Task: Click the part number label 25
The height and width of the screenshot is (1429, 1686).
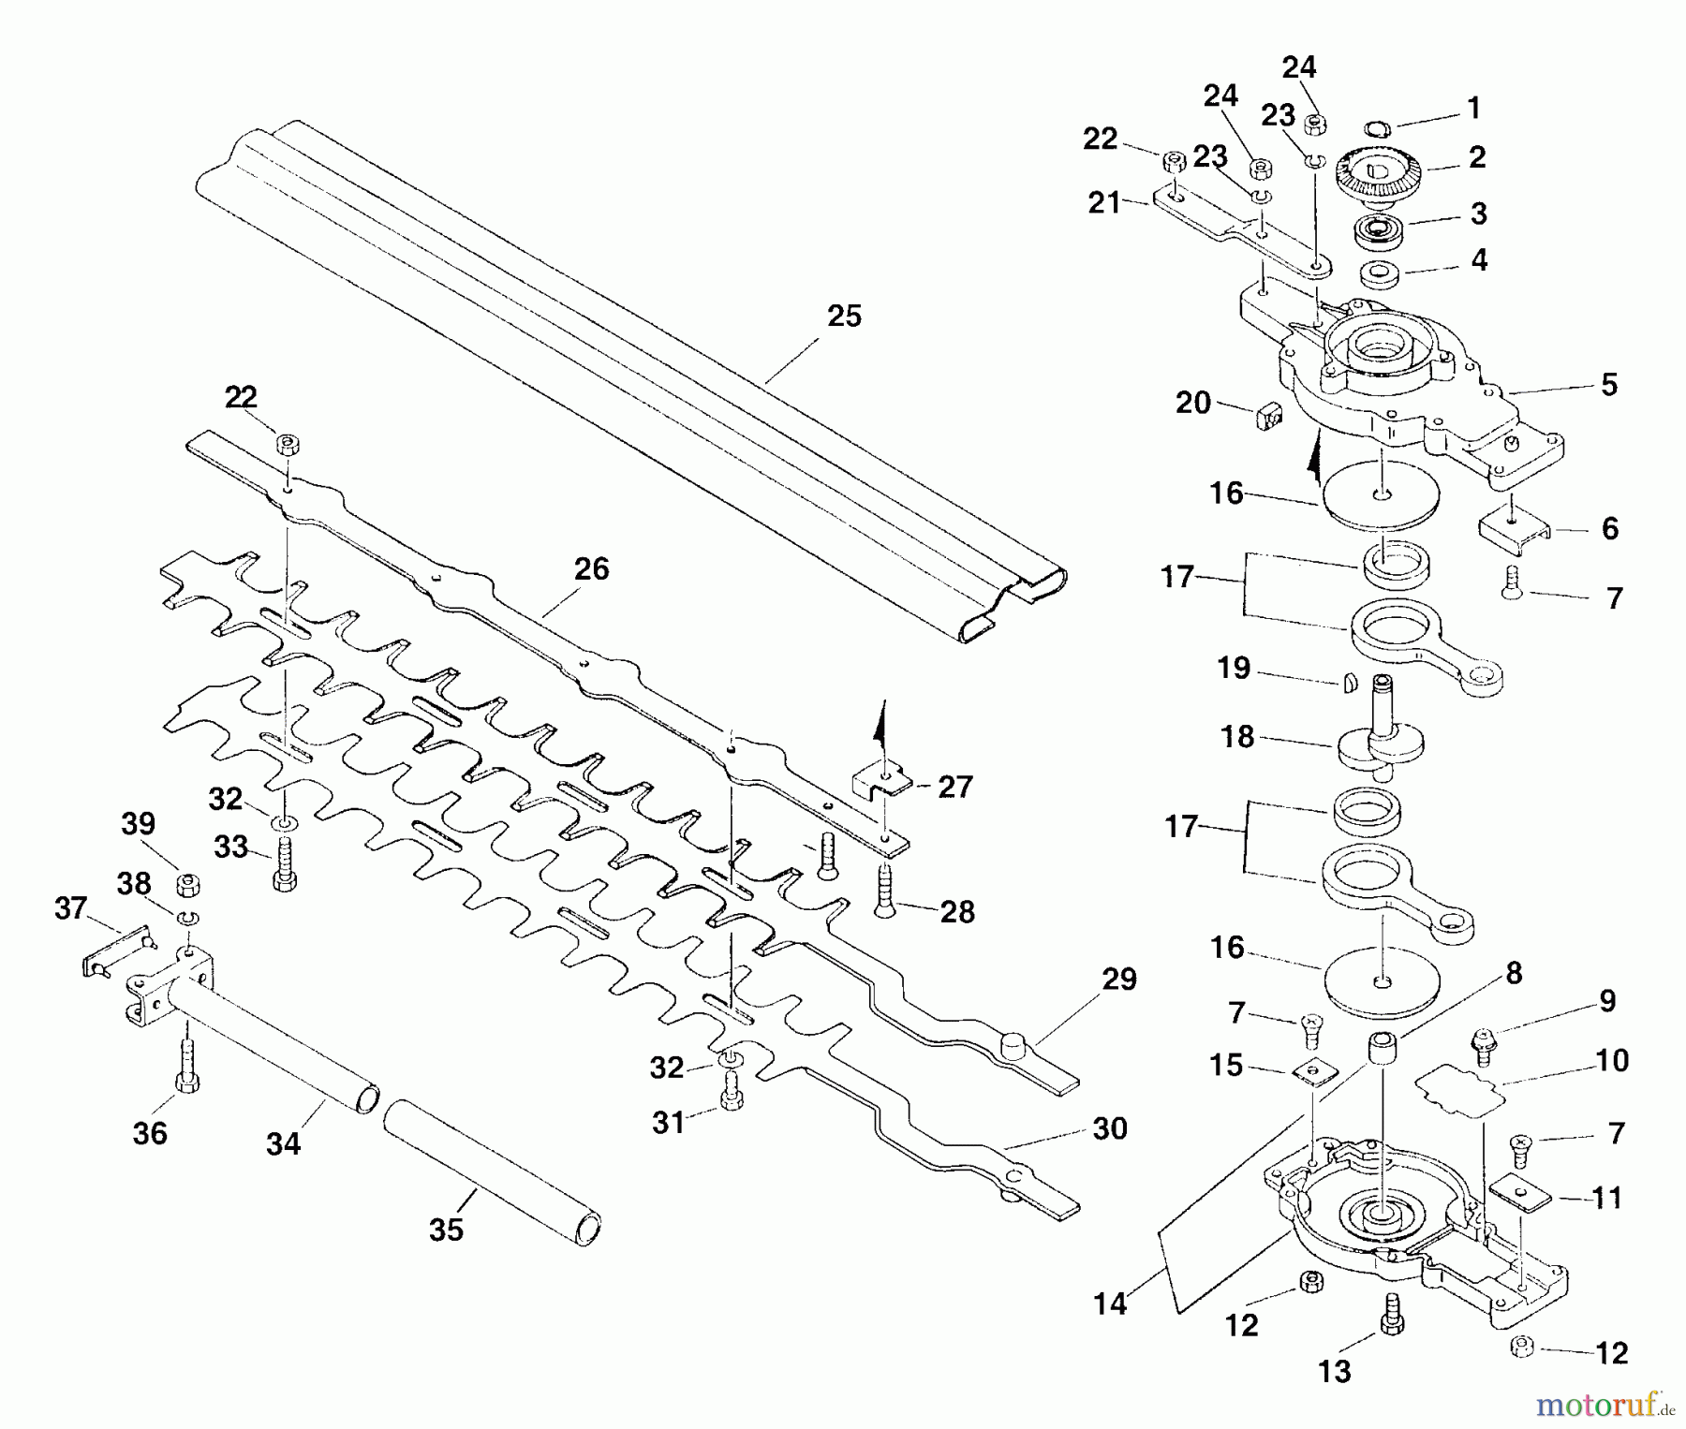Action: coord(844,317)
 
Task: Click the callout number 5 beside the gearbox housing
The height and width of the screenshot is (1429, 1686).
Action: coord(1609,385)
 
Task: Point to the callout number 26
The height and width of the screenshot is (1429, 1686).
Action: coord(591,569)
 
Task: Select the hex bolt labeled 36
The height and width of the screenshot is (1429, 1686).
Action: coord(186,1067)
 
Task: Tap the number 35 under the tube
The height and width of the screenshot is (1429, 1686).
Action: coord(446,1230)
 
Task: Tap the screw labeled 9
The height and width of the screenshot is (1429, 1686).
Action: coord(1482,1046)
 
